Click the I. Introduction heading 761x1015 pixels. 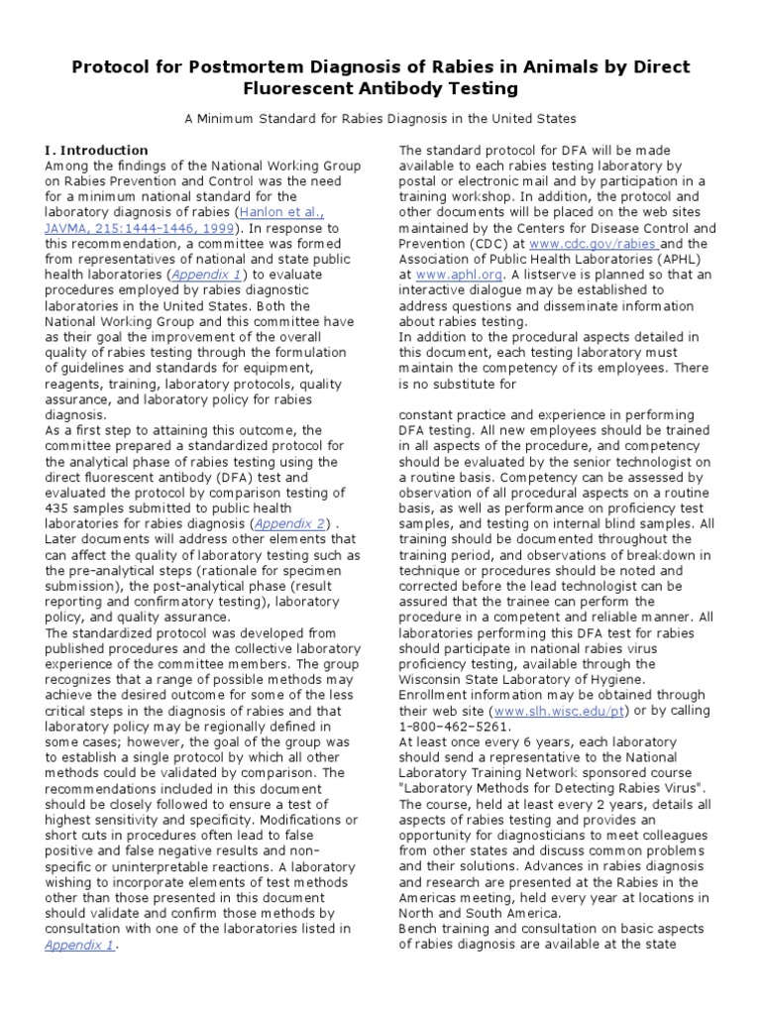(x=96, y=150)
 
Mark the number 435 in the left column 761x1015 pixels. (x=58, y=491)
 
